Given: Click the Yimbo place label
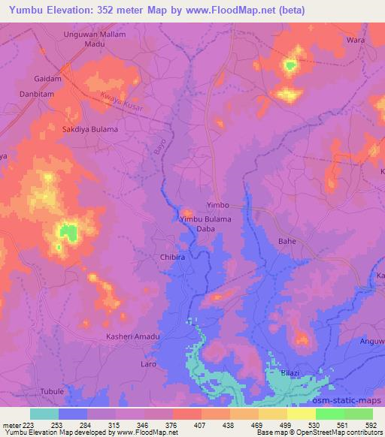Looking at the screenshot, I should coord(217,204).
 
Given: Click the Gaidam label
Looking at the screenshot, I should coord(47,78).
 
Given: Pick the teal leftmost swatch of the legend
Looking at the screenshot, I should coord(44,414).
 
